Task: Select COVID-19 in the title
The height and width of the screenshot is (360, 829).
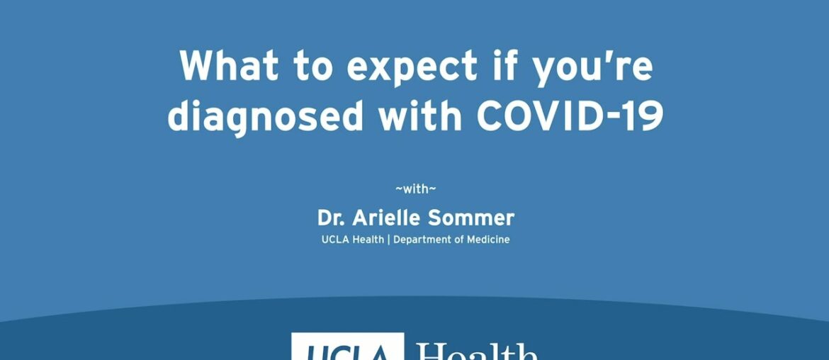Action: click(570, 115)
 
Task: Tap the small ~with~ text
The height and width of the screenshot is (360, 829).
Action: click(415, 189)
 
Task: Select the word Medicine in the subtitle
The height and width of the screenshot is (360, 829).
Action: click(488, 240)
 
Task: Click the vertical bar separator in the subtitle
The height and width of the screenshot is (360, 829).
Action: click(389, 240)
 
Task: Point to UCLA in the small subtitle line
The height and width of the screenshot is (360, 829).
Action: click(334, 240)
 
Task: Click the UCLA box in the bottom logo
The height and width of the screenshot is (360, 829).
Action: click(347, 349)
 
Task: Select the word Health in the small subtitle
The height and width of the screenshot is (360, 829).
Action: click(368, 240)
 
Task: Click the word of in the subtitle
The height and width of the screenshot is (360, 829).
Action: click(460, 240)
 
